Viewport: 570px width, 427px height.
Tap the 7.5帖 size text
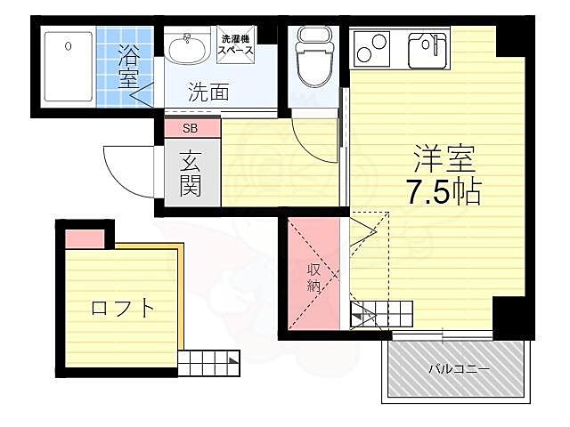[444, 192]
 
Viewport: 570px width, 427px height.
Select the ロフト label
[123, 309]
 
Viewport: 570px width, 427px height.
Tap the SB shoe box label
[191, 128]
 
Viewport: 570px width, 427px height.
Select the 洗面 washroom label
[208, 90]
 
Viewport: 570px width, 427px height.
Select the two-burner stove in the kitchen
[373, 48]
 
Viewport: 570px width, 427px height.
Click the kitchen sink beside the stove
[427, 50]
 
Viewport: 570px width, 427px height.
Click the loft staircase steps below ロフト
[210, 361]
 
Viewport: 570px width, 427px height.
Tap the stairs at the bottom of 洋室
[382, 312]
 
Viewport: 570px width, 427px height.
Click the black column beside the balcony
[512, 317]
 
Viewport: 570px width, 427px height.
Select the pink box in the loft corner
[85, 238]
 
